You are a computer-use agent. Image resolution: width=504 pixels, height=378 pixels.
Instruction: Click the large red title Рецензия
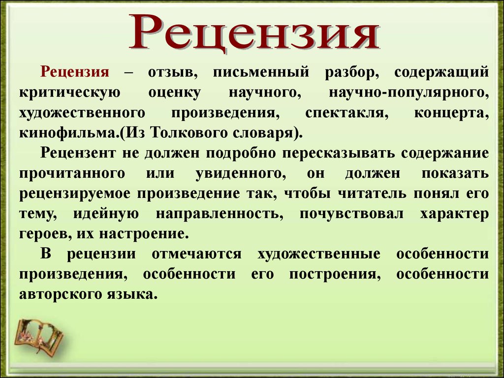(x=254, y=32)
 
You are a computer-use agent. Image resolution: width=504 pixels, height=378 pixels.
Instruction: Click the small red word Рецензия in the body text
(x=75, y=72)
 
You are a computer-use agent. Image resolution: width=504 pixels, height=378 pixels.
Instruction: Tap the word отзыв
(x=173, y=72)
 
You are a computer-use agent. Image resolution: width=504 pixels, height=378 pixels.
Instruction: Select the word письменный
(x=261, y=72)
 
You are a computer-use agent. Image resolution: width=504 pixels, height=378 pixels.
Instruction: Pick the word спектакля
(x=347, y=113)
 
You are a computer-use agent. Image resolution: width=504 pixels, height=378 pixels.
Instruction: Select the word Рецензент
(x=78, y=154)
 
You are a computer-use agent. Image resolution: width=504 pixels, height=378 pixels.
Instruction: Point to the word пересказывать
(x=339, y=154)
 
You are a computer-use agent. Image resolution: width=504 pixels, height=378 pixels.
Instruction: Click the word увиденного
(x=241, y=174)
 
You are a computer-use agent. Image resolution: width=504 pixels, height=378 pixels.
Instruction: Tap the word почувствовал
(x=351, y=214)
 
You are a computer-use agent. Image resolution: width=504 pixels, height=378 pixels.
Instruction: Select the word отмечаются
(x=196, y=254)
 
